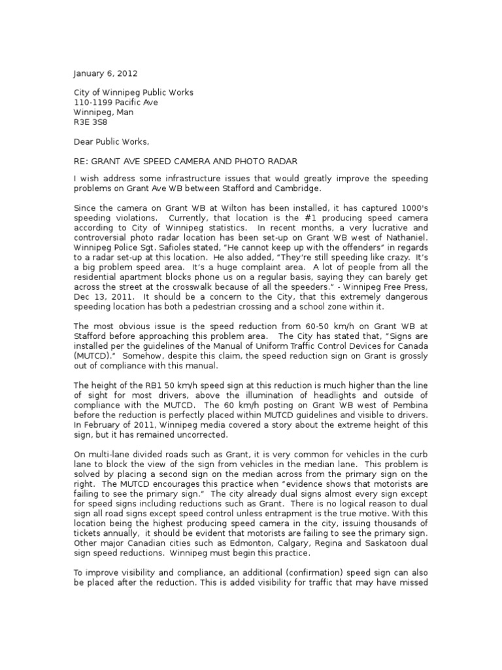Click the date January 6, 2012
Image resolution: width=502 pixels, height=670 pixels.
point(105,73)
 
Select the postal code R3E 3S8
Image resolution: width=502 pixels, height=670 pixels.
point(90,122)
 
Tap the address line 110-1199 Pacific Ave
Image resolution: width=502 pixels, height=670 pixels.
point(115,102)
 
